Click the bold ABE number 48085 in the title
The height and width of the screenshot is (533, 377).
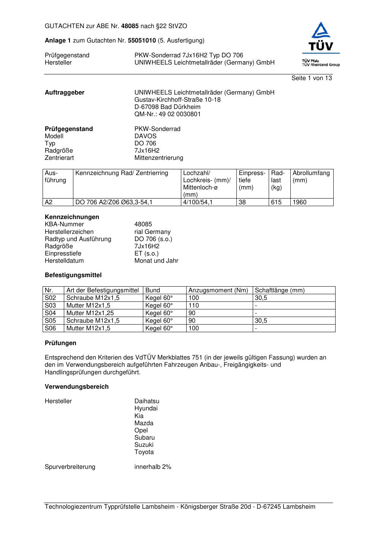pyautogui.click(x=130, y=26)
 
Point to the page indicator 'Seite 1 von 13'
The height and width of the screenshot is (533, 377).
pyautogui.click(x=311, y=78)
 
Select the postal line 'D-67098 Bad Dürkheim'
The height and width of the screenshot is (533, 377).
pyautogui.click(x=167, y=107)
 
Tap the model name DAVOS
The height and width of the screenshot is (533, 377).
pyautogui.click(x=145, y=136)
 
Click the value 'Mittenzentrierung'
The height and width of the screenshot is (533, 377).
pyautogui.click(x=158, y=158)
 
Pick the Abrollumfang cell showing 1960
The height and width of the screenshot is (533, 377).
pyautogui.click(x=299, y=202)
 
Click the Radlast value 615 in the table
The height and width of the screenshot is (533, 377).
pyautogui.click(x=276, y=202)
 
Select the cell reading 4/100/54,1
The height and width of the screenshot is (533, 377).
pyautogui.click(x=198, y=202)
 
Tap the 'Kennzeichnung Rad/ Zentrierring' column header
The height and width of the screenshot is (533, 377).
pyautogui.click(x=122, y=173)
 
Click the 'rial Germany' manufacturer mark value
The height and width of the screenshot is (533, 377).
pyautogui.click(x=152, y=232)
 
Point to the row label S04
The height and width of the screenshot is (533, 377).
pyautogui.click(x=50, y=313)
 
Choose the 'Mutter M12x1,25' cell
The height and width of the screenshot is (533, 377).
pyautogui.click(x=90, y=313)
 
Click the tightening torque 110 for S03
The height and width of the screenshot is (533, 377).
pyautogui.click(x=193, y=306)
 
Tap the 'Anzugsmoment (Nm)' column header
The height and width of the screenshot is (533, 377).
pyautogui.click(x=218, y=290)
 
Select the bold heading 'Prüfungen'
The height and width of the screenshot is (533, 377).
pyautogui.click(x=60, y=343)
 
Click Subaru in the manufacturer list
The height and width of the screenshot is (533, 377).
pyautogui.click(x=144, y=438)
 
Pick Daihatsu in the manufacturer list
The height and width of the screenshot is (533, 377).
pyautogui.click(x=147, y=401)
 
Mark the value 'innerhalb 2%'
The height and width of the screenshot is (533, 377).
pyautogui.click(x=153, y=467)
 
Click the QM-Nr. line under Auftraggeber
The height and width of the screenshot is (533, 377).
pyautogui.click(x=168, y=114)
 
